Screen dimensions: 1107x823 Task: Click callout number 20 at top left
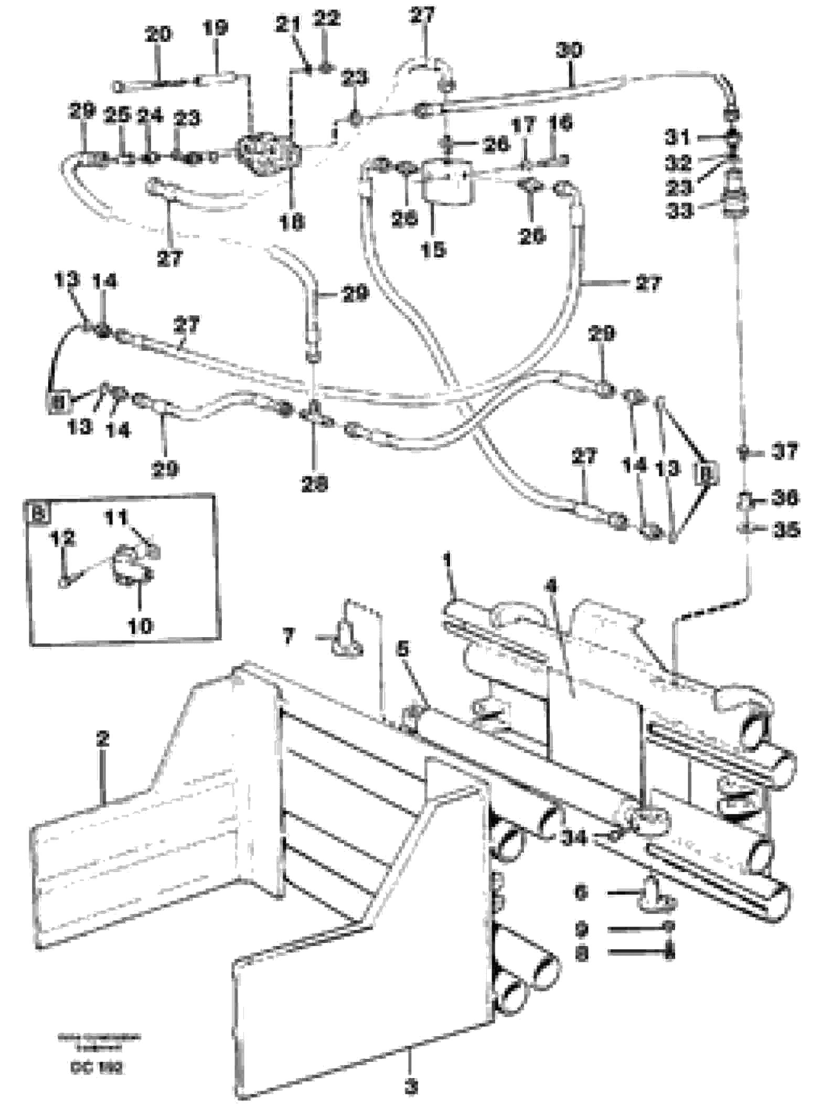pyautogui.click(x=158, y=35)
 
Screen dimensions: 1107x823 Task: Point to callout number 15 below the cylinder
pyautogui.click(x=433, y=250)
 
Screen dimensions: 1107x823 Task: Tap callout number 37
pyautogui.click(x=784, y=452)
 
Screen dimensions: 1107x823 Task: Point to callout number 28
pyautogui.click(x=314, y=483)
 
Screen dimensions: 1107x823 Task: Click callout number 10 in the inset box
pyautogui.click(x=140, y=626)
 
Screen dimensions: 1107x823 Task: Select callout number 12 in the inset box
pyautogui.click(x=62, y=539)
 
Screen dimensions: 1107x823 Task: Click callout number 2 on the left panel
pyautogui.click(x=102, y=740)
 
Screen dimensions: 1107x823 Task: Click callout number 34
pyautogui.click(x=573, y=838)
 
